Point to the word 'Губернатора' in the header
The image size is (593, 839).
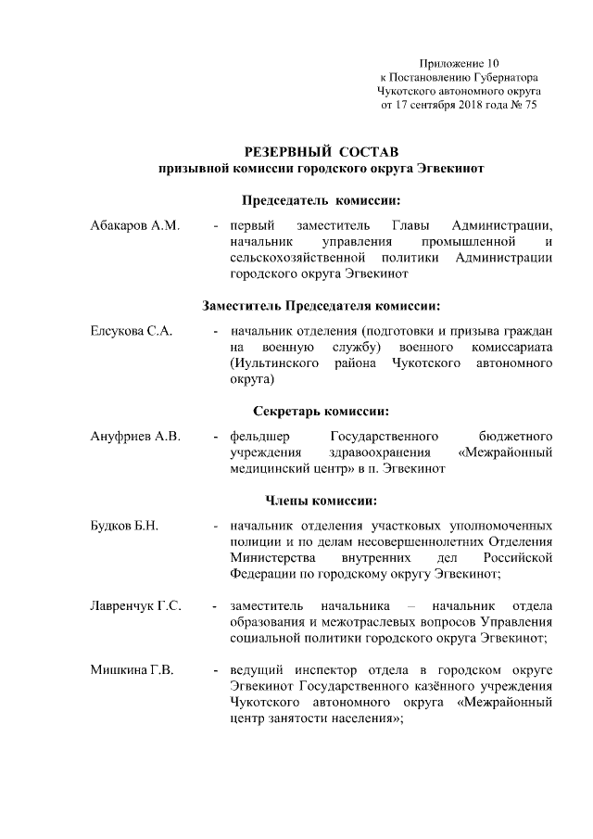(x=504, y=77)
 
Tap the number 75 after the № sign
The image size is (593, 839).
(x=530, y=106)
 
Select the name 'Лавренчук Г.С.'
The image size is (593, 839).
(x=134, y=606)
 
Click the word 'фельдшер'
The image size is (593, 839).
(x=259, y=436)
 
